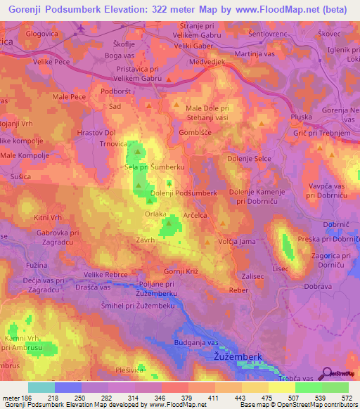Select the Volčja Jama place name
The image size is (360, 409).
pyautogui.click(x=237, y=242)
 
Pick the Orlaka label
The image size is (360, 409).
pyautogui.click(x=155, y=214)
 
